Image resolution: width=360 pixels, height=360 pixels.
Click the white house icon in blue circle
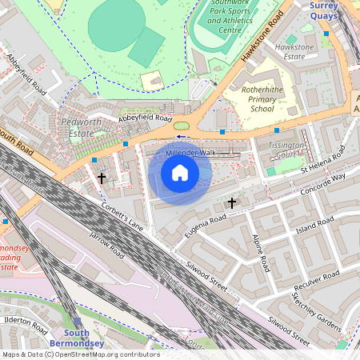180,173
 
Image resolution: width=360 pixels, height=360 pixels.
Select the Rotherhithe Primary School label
262,98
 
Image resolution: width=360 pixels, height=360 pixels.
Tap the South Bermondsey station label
77,338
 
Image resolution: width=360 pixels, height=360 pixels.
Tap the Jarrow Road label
107,244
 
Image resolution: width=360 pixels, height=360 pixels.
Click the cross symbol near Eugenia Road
232,203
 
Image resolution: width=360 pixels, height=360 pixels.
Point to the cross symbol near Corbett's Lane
102,177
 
